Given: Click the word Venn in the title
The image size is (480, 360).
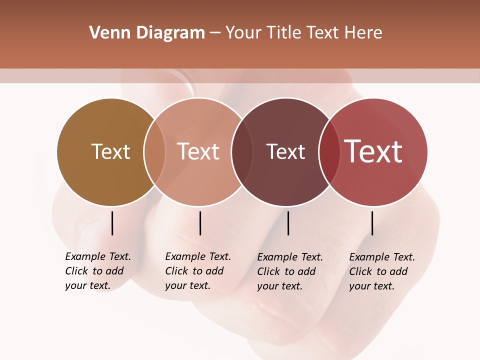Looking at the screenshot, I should pyautogui.click(x=104, y=33).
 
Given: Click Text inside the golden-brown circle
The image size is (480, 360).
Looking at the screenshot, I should pyautogui.click(x=110, y=152).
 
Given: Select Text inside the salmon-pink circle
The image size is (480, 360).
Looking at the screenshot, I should pyautogui.click(x=198, y=152).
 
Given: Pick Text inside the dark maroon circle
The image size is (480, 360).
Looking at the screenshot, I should pyautogui.click(x=285, y=152).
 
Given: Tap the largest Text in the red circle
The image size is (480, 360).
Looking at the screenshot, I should pyautogui.click(x=373, y=151).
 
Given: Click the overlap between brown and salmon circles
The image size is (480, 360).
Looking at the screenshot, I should pyautogui.click(x=154, y=152).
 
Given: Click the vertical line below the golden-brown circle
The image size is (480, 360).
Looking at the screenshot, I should pyautogui.click(x=112, y=223).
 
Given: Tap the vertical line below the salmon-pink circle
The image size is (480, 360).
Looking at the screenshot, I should pyautogui.click(x=200, y=223).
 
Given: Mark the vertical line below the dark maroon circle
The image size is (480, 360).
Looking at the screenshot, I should pyautogui.click(x=288, y=223).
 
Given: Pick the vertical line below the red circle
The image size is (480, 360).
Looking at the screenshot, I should pyautogui.click(x=372, y=223).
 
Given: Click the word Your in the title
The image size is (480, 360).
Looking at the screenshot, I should pyautogui.click(x=243, y=33).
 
